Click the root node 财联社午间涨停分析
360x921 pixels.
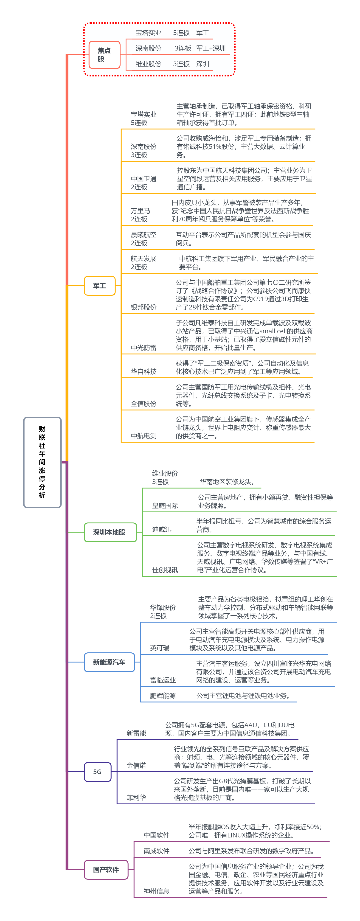click(42, 462)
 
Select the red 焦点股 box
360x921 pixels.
click(104, 55)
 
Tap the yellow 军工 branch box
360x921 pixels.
click(100, 286)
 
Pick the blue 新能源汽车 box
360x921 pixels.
click(109, 662)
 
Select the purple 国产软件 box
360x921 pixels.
click(106, 870)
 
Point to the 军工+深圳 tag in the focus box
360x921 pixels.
click(211, 48)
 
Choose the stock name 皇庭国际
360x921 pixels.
click(165, 505)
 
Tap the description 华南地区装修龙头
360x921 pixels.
click(227, 482)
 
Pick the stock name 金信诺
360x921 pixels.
click(136, 766)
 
